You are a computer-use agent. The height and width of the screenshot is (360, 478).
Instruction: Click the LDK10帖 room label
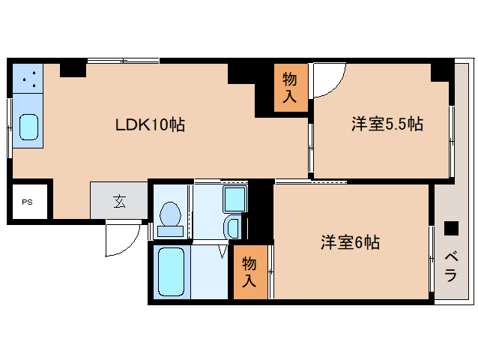(150, 124)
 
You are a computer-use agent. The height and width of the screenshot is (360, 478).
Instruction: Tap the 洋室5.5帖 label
(387, 124)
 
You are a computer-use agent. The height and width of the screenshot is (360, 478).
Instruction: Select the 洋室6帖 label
(351, 243)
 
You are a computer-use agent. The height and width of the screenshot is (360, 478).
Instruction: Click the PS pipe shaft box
(27, 202)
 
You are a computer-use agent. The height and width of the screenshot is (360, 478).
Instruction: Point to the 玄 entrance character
(119, 201)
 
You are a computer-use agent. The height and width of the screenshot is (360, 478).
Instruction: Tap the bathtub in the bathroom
(172, 270)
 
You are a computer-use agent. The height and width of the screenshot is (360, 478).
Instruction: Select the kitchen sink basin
(28, 126)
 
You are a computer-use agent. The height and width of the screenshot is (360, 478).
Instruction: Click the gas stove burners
(28, 78)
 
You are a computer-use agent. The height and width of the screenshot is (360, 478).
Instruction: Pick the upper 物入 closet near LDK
(290, 88)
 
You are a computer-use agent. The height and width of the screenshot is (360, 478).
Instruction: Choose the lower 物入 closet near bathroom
(249, 271)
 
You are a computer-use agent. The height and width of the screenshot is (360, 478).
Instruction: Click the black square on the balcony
(450, 227)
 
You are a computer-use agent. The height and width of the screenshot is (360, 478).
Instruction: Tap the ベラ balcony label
(450, 266)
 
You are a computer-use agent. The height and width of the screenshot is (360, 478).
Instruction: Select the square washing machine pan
(235, 199)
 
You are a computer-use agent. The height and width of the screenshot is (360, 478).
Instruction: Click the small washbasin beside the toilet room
(232, 226)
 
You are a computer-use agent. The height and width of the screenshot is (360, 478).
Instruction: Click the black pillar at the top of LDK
(73, 70)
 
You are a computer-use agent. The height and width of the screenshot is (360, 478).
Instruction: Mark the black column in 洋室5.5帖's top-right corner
(442, 72)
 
